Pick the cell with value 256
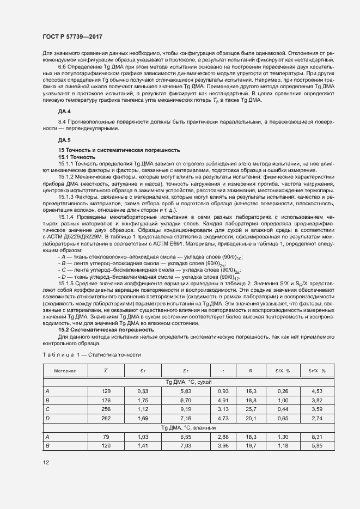point(106,409)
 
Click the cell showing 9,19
point(186,409)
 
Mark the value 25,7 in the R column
point(251,409)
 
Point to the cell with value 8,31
point(318,437)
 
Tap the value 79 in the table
point(106,437)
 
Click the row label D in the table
point(47,418)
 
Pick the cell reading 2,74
point(318,418)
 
